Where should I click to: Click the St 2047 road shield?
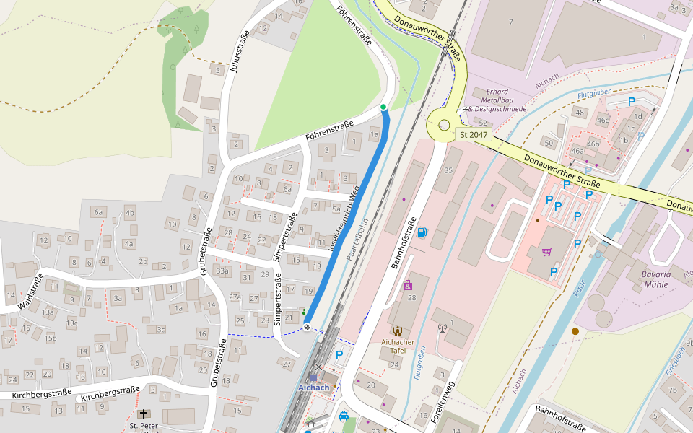(474, 134)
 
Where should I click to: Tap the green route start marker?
(383, 108)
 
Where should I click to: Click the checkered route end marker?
(308, 328)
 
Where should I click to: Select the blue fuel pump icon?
(422, 232)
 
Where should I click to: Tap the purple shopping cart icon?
(546, 252)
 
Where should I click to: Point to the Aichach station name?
(314, 388)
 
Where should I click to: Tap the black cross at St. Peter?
(144, 414)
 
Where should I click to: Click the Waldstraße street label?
(30, 292)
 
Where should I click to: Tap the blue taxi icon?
(344, 416)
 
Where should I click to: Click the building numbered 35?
(448, 170)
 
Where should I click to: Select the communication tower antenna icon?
(443, 328)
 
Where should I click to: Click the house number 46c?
(603, 120)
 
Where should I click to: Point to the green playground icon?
(304, 312)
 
